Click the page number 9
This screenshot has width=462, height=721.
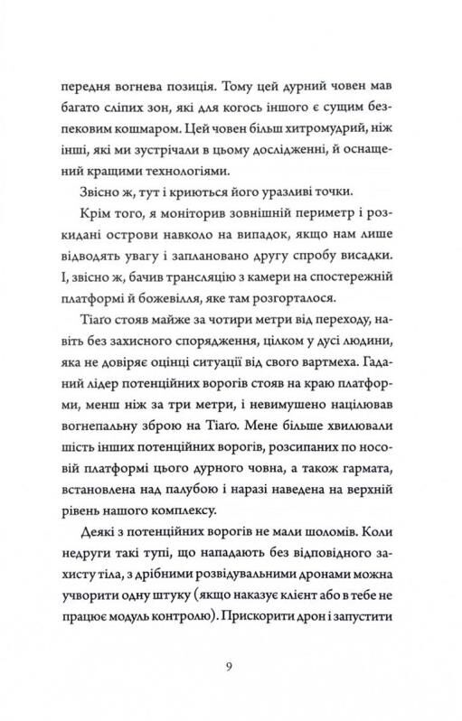(x=231, y=667)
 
